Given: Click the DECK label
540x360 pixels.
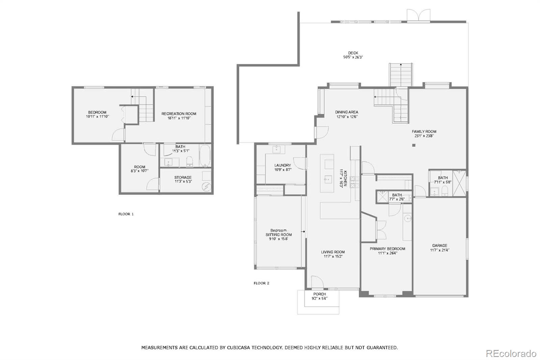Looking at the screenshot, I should tap(353, 53).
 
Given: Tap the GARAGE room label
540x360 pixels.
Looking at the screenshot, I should tap(440, 246).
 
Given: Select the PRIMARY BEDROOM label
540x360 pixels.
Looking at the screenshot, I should tap(387, 249).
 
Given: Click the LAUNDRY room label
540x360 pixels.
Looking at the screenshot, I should tap(282, 165).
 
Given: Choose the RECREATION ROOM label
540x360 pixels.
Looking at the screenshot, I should tap(179, 114).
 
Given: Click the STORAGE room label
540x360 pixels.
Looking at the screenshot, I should tap(183, 177).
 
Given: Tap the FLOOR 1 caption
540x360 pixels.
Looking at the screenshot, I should tap(126, 214).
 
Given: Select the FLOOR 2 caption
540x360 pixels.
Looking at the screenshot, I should tap(261, 283).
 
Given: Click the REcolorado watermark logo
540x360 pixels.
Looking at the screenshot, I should tap(511, 354).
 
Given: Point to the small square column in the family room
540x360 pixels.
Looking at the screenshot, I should tap(414, 146).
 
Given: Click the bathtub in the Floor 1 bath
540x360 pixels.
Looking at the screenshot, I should tap(205, 156).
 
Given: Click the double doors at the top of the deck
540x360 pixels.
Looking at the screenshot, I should tap(418, 16).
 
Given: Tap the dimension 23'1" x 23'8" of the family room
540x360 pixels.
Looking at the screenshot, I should tap(424, 136).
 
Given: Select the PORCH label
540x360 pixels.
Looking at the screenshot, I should tap(319, 294).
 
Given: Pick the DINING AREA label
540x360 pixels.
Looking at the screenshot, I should tap(347, 112).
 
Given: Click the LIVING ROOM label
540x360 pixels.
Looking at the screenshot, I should tap(333, 252).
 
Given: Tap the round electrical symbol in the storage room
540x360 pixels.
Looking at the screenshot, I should tap(206, 187).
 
